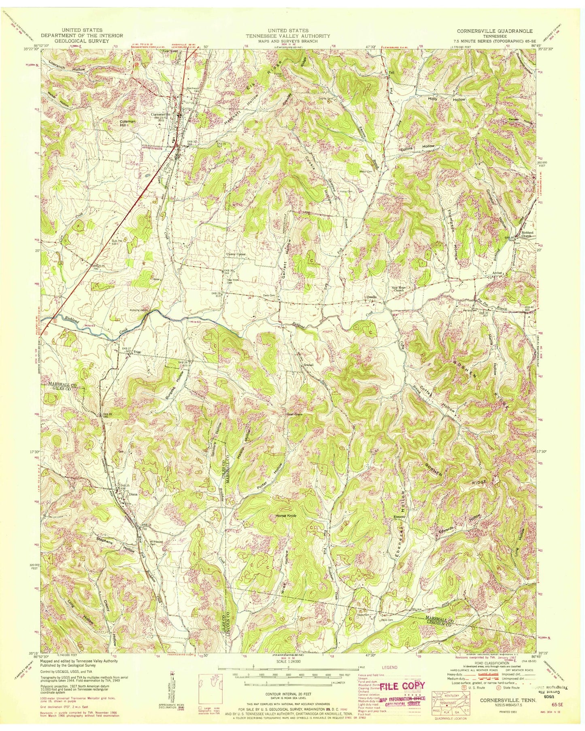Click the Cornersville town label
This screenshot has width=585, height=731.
click(x=161, y=115)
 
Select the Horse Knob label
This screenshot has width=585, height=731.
click(x=286, y=516)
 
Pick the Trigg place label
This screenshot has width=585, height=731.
click(x=137, y=352)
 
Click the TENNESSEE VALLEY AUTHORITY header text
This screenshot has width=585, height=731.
click(x=288, y=36)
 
